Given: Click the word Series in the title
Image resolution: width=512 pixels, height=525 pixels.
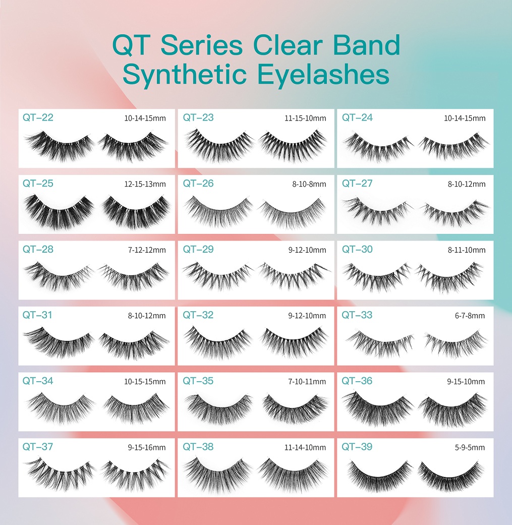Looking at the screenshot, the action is coord(202,45).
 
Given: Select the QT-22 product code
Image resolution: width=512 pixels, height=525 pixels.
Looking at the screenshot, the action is coord(38,118).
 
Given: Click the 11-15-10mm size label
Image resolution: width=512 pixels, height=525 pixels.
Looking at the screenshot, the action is coord(305,118).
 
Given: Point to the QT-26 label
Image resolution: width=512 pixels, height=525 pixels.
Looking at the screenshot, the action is coord(198,184).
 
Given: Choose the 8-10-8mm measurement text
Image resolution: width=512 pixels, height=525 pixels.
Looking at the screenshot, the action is coord(309,184).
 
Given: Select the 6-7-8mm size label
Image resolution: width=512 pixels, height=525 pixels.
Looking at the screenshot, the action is coord(470,316).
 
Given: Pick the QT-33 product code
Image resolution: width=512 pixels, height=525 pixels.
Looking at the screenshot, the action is coord(357,315).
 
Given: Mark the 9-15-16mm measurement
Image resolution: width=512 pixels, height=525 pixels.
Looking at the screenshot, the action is coord(147,448).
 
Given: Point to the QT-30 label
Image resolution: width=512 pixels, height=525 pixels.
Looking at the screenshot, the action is coord(357,250).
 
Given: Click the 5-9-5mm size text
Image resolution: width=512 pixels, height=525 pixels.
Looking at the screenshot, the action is coord(470,448).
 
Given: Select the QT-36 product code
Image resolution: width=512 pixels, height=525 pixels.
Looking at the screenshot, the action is coord(357,381).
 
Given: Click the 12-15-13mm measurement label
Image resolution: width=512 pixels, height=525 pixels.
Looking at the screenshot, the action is coord(145,184).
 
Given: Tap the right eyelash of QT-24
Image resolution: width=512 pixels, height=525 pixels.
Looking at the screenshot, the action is coord(453,147).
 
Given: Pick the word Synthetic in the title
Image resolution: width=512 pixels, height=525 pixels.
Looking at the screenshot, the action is coord(185,75).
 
